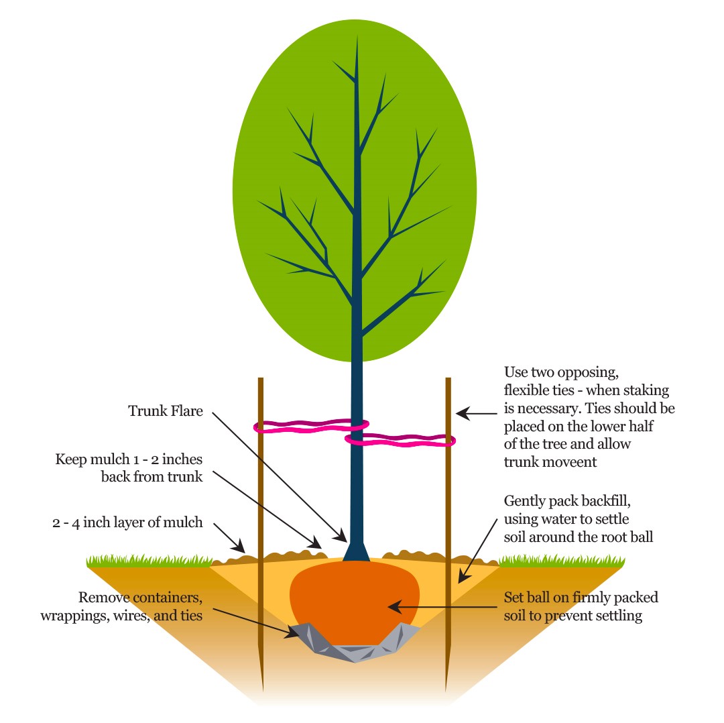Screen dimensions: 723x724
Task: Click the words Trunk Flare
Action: tap(165, 411)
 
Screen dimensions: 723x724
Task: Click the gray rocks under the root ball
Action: tap(355, 645)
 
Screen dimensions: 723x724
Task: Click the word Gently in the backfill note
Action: tap(526, 501)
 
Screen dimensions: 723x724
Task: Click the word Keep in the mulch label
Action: tap(71, 459)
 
